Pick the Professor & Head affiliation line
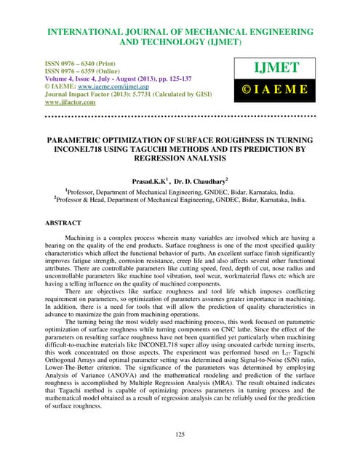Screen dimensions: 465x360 (180, 197)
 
